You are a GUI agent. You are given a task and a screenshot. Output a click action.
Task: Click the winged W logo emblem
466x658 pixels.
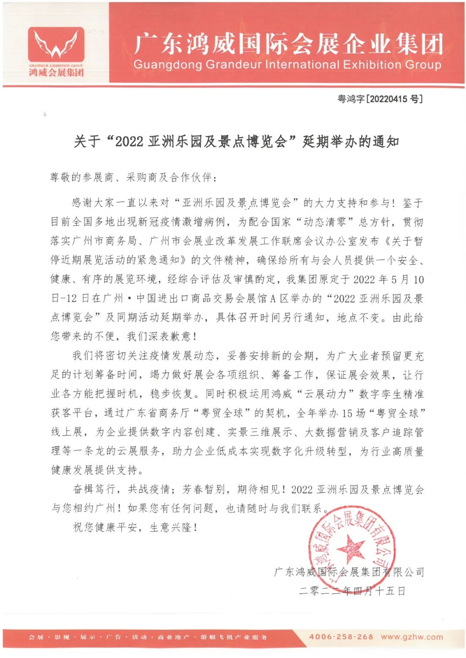(x=56, y=45)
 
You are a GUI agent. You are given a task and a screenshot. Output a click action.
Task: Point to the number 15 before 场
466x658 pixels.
(x=347, y=413)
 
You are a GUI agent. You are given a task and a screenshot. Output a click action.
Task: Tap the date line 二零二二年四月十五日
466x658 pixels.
(x=352, y=591)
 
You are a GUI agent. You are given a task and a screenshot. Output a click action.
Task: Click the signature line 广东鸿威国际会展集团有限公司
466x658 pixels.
(x=349, y=572)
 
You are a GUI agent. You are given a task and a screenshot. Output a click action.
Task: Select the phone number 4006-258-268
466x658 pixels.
(x=341, y=637)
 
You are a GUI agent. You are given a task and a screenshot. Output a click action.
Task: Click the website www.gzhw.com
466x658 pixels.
(x=412, y=637)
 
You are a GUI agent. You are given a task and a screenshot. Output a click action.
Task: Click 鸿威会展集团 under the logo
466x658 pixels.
(x=56, y=72)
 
